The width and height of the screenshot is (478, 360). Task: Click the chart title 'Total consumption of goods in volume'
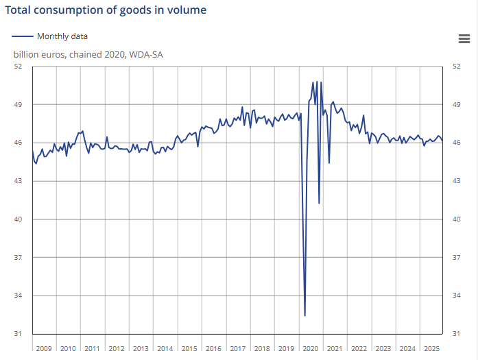click(106, 10)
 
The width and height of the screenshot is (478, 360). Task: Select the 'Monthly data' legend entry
click(62, 36)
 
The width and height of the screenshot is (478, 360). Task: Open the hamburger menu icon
click(464, 39)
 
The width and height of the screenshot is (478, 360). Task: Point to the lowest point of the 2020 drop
click(304, 315)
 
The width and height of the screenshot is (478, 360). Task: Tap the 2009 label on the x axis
click(44, 348)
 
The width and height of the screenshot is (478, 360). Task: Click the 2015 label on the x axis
click(189, 348)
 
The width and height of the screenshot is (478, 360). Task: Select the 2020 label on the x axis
click(311, 348)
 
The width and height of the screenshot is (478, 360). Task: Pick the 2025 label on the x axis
click(431, 348)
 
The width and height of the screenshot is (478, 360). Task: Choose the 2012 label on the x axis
click(117, 348)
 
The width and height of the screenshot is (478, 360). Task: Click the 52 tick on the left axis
click(19, 67)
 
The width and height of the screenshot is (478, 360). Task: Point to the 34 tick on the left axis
click(19, 296)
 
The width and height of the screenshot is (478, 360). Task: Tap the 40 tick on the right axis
click(457, 219)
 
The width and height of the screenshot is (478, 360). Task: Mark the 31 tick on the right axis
click(457, 334)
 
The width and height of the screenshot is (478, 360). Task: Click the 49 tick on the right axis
click(457, 105)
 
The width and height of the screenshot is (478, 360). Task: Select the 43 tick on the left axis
click(19, 181)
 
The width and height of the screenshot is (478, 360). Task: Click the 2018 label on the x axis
click(262, 348)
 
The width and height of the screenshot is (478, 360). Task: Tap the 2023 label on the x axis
click(383, 348)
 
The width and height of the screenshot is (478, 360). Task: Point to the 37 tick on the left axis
click(19, 257)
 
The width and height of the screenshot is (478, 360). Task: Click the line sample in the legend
click(23, 36)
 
